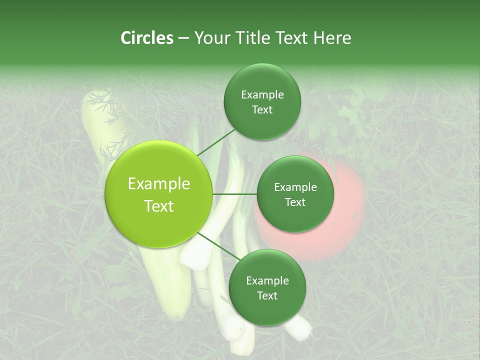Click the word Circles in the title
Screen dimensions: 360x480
146,38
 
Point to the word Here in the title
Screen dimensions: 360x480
332,38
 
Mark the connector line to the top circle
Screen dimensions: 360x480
216,142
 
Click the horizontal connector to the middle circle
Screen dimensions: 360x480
235,194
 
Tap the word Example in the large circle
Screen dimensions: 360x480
158,184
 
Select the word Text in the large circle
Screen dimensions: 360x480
158,206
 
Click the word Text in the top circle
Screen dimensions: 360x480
262,110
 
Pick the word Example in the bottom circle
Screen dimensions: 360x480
267,281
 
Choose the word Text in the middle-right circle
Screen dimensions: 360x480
295,202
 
